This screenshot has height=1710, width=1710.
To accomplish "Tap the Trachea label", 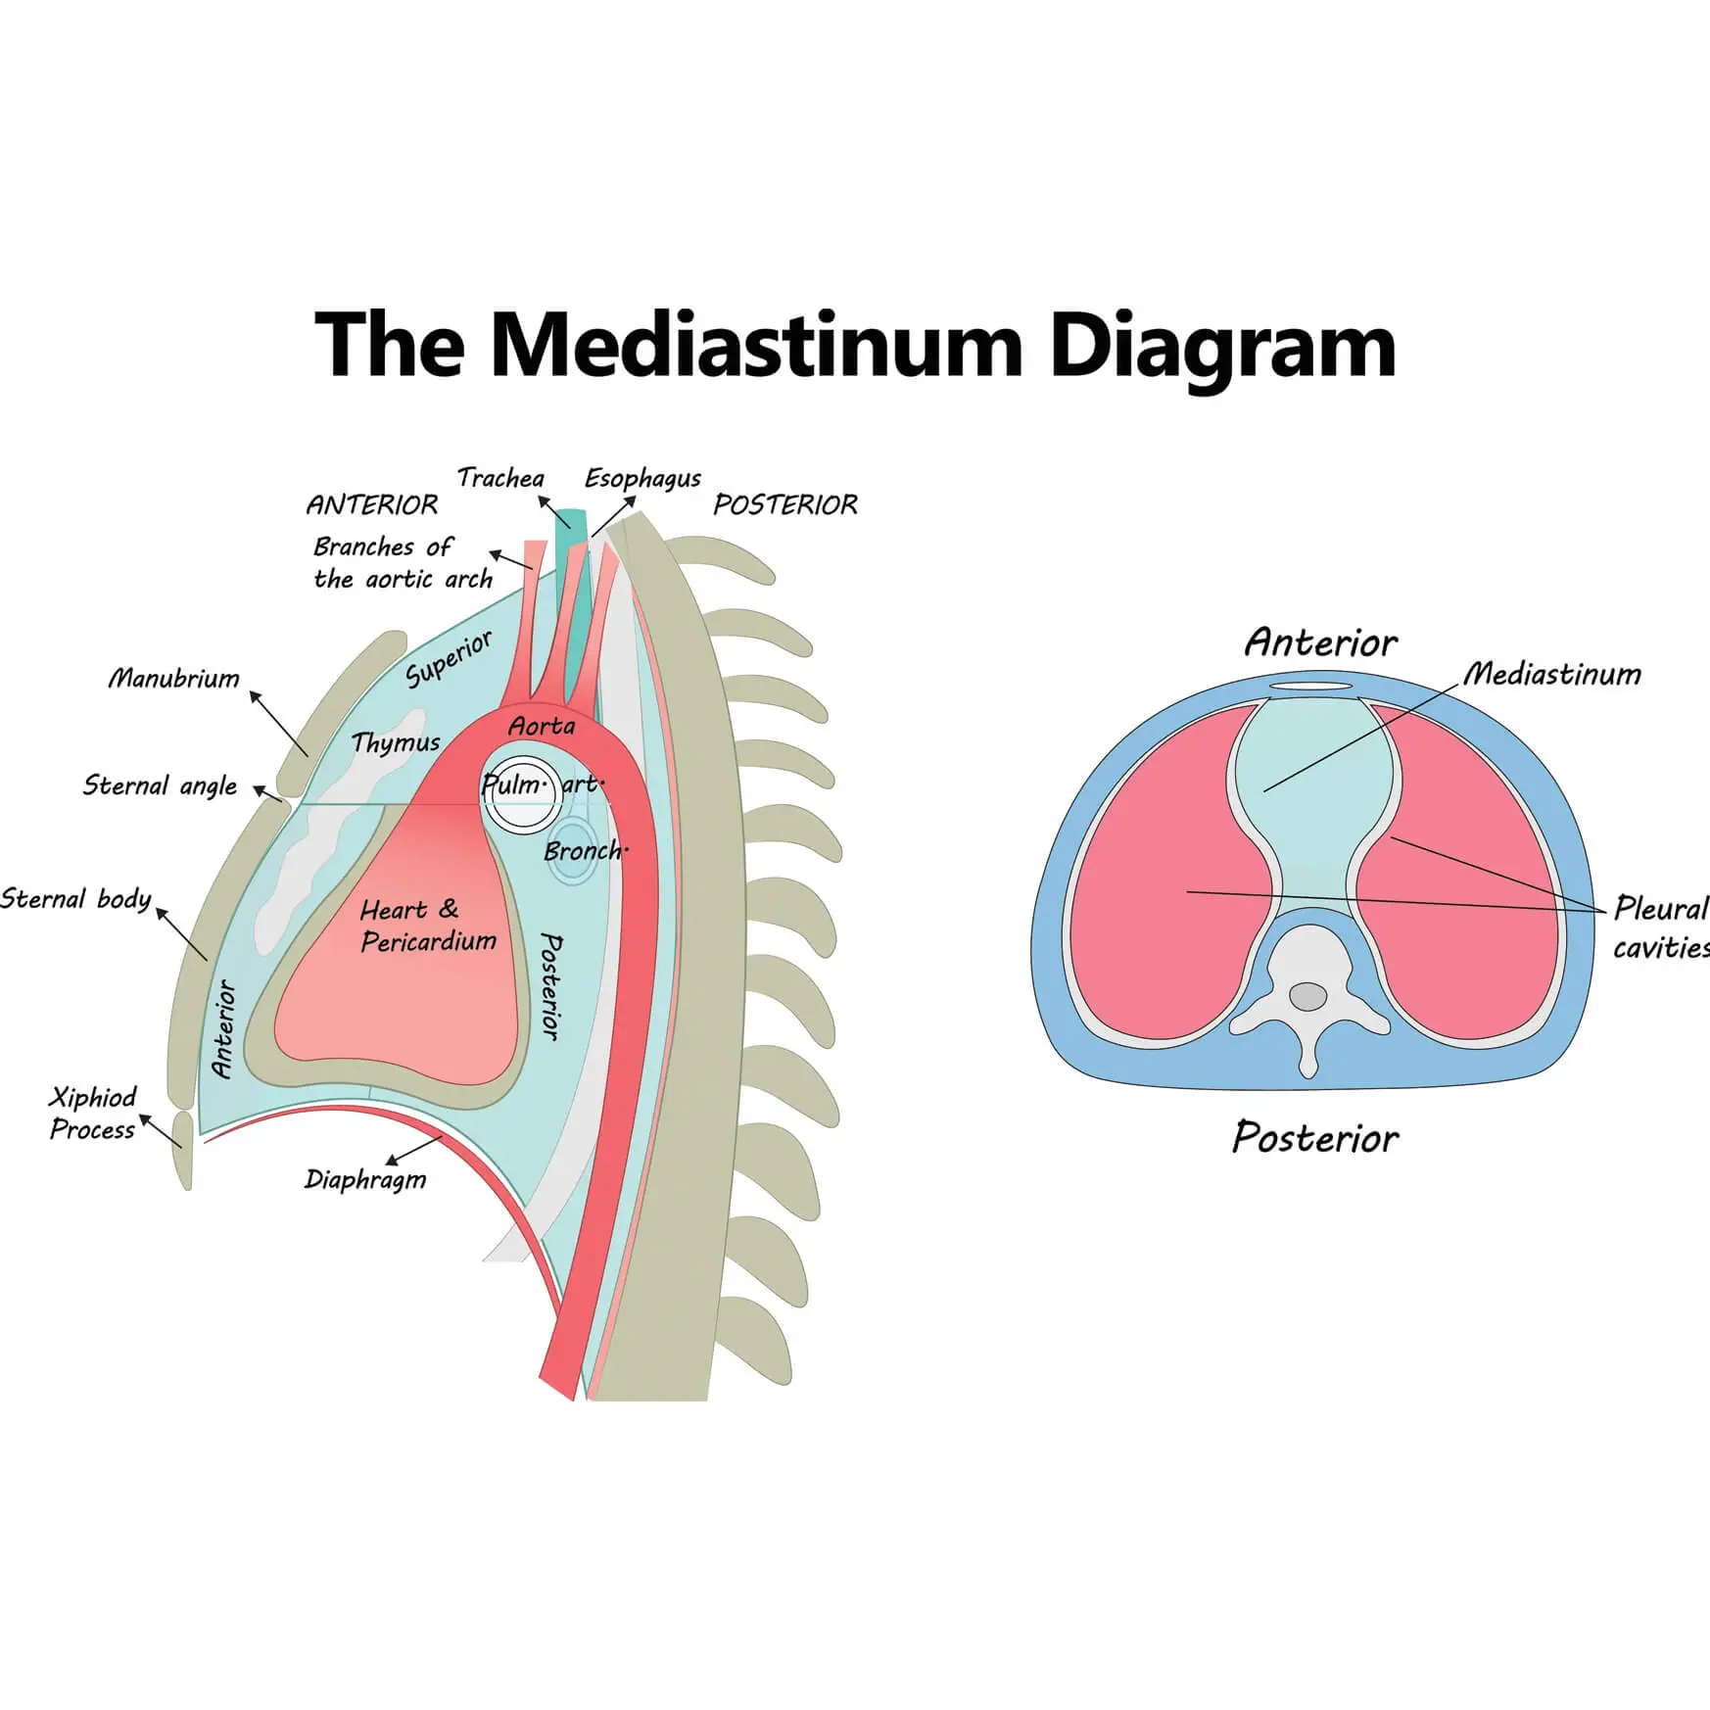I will coord(500,478).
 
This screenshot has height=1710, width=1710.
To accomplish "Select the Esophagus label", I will coord(642,479).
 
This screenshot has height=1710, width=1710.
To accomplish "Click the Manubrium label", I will coord(173,678).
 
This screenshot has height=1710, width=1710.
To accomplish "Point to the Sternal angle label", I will coord(160,785).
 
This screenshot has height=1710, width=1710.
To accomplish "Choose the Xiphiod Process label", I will coord(93,1114).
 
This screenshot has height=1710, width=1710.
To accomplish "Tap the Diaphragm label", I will coord(365,1179).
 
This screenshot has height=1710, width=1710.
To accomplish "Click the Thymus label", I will coord(396,742).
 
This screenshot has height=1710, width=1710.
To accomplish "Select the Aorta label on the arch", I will coord(542,727).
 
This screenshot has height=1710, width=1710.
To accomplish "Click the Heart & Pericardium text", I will coord(428,926).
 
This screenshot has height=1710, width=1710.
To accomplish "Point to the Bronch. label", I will coord(586,851).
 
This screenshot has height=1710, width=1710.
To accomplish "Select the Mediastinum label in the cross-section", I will coord(1552,674).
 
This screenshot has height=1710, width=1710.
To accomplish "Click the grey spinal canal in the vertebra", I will coord(1307,997).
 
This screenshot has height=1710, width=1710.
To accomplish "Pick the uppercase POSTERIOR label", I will coord(784,505).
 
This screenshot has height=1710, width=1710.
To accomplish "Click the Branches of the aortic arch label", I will coord(403,563).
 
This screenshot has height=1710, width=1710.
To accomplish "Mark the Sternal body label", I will coord(76,899).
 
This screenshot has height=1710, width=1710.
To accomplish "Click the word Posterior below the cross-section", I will coord(1314,1138).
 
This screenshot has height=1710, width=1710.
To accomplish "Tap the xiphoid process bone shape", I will coord(183,1150).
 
